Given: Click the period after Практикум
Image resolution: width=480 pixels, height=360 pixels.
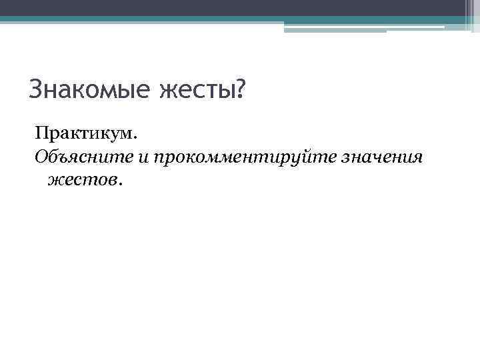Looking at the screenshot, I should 135,138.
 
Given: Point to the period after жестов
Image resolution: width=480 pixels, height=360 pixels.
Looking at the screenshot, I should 121,183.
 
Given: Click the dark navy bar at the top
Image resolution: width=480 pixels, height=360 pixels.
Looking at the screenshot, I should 240,7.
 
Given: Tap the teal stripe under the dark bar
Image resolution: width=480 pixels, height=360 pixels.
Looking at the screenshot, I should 240,19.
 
